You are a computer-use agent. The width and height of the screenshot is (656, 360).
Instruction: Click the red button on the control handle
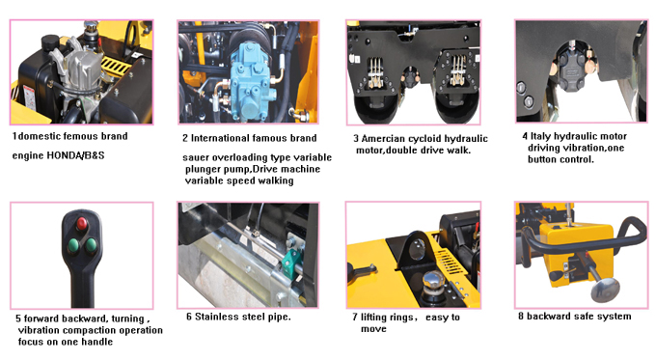82,224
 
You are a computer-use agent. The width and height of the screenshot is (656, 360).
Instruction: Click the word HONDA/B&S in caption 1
75,155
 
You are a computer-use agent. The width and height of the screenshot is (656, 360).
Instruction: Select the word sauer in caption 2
196,158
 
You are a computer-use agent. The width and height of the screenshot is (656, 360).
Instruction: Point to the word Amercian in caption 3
383,139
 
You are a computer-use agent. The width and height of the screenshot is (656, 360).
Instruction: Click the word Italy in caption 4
541,136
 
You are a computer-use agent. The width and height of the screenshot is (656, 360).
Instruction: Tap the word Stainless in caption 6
214,317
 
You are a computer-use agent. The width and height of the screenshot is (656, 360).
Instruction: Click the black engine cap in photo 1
50,42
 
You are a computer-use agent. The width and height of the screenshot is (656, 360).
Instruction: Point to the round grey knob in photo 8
605,289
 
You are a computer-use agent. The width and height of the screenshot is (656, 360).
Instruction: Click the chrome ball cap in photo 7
433,280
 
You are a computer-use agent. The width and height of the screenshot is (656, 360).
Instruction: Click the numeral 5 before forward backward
18,318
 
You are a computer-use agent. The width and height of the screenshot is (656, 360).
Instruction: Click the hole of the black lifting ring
417,249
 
